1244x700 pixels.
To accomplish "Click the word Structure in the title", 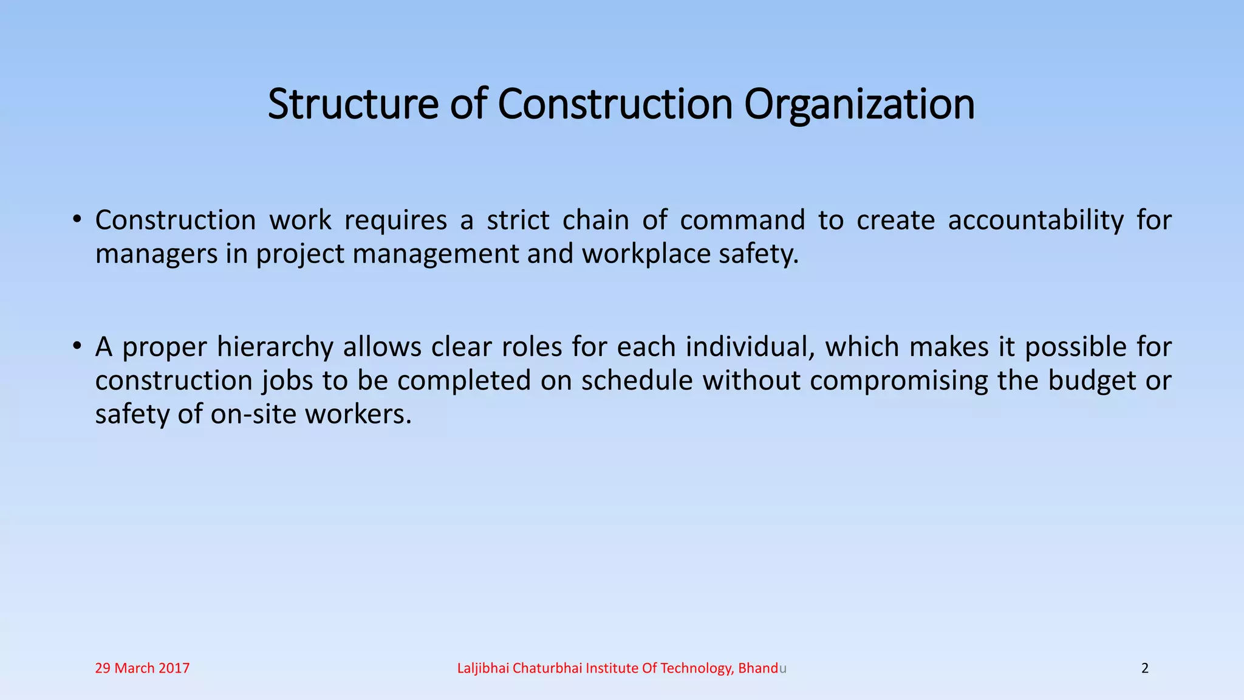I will pos(352,104).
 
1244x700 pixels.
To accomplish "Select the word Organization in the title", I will pos(860,105).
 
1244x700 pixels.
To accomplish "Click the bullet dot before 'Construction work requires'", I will pos(76,219).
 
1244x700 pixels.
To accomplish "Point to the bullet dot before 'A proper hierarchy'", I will pos(76,346).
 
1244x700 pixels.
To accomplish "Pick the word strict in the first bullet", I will pos(518,220).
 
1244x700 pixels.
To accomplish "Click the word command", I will pos(742,220).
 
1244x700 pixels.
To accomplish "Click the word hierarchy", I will pos(275,348).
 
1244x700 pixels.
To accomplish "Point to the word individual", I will pos(750,347).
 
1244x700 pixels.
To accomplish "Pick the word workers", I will pos(358,414).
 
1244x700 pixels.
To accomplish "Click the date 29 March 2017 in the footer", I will pos(142,668).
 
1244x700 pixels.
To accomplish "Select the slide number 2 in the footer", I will pos(1145,668).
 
